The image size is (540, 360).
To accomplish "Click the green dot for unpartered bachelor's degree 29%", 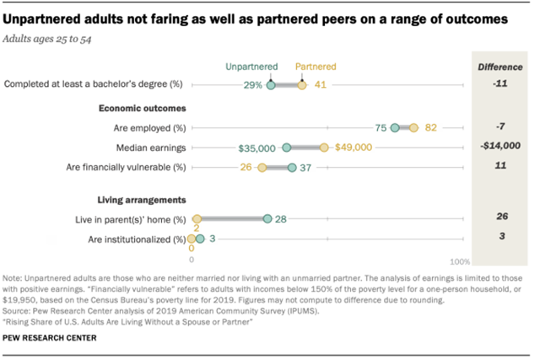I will click(271, 84).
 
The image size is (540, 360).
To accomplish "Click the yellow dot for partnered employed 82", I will click(413, 128).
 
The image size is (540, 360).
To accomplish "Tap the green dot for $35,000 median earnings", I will click(287, 148).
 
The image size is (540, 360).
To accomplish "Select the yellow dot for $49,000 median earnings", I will click(324, 148).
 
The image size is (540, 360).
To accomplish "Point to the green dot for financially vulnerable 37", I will click(292, 168).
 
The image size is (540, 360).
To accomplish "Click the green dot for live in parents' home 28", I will click(267, 219).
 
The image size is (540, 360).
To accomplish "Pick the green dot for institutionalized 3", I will click(200, 239).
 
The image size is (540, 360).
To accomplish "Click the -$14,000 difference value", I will click(498, 148).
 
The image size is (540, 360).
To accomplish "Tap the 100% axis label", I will click(460, 262).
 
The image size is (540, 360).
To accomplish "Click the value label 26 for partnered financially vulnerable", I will click(246, 168).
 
